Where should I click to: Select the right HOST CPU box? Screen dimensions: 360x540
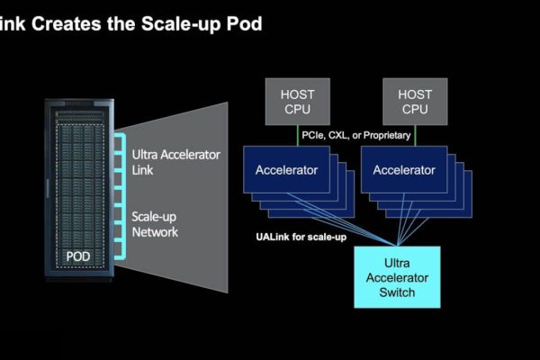[x=415, y=101]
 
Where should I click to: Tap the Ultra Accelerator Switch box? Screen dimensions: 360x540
[x=397, y=277]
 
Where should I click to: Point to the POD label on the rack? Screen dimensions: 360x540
[x=78, y=256]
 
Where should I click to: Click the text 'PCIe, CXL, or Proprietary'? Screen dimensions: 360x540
[x=356, y=135]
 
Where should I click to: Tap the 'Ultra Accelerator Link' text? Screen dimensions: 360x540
[x=175, y=162]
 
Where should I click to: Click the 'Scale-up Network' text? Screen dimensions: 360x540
[x=156, y=224]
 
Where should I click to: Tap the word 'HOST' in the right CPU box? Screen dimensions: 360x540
[x=415, y=93]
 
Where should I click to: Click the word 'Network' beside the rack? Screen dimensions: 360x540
[x=156, y=232]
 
